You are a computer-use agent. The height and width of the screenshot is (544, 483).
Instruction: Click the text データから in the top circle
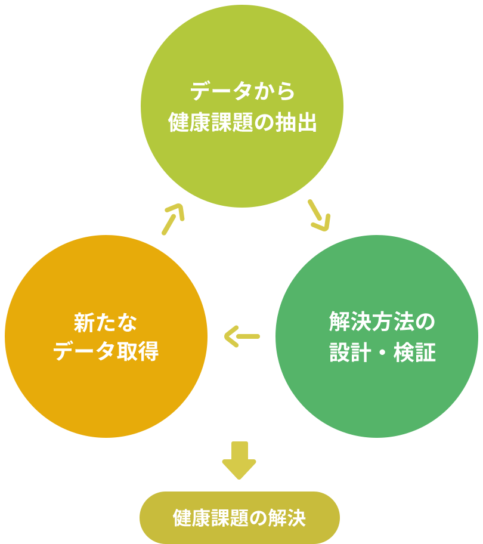(x=242, y=91)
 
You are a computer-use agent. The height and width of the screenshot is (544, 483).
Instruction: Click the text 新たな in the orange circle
(x=106, y=323)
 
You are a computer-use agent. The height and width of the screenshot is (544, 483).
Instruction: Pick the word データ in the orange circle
(x=84, y=352)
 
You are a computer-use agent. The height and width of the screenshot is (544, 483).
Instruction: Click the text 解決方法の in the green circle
(x=382, y=323)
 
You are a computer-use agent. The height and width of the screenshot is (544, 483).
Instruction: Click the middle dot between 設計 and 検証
(x=382, y=353)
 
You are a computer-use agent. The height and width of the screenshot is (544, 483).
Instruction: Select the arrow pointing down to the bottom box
(x=239, y=462)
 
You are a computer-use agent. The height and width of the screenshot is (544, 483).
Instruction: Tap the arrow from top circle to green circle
(x=318, y=217)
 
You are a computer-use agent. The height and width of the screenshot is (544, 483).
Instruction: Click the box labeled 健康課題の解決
(x=239, y=517)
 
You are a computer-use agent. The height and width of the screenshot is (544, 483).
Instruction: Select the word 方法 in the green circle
(x=382, y=323)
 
